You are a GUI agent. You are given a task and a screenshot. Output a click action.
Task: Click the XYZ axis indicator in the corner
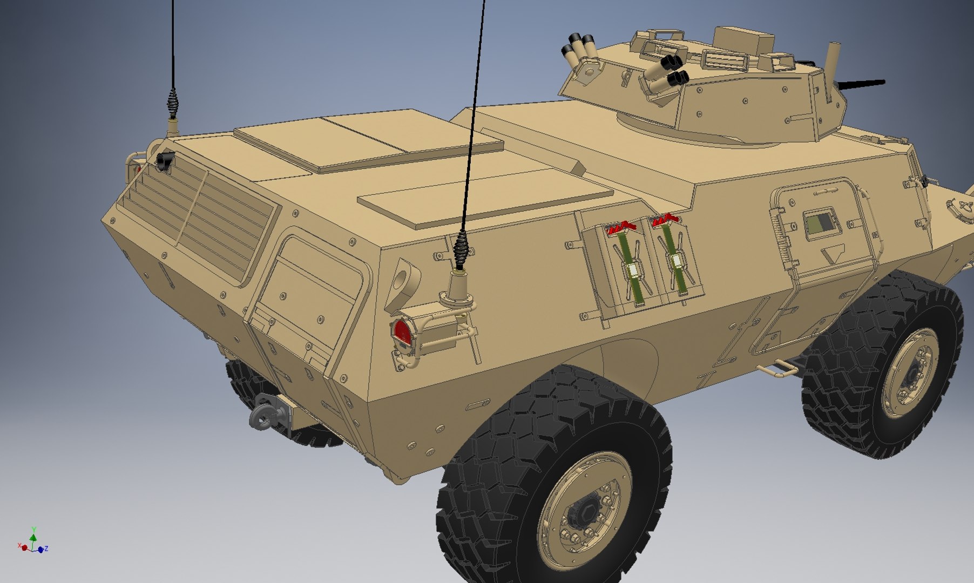(x=33, y=542)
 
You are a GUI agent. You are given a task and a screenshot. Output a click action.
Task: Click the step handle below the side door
(x=778, y=369)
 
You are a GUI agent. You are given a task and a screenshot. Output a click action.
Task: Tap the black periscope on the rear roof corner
(x=165, y=160)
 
